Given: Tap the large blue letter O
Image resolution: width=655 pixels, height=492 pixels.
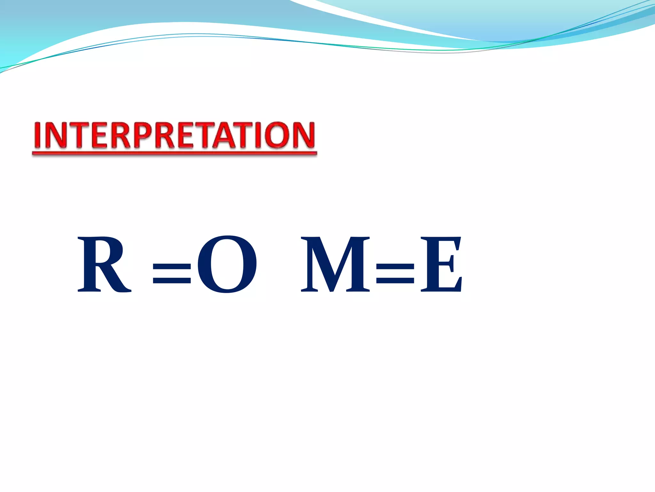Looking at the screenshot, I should [x=227, y=264].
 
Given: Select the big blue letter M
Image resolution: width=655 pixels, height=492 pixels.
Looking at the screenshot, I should [x=336, y=264].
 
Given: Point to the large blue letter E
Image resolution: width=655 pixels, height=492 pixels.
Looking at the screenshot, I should [x=441, y=264].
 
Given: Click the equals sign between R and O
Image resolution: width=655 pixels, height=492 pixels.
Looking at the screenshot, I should [x=172, y=274].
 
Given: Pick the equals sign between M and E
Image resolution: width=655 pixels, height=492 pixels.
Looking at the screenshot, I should [x=395, y=274].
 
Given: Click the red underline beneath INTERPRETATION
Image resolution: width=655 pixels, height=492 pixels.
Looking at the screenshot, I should [x=174, y=154].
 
